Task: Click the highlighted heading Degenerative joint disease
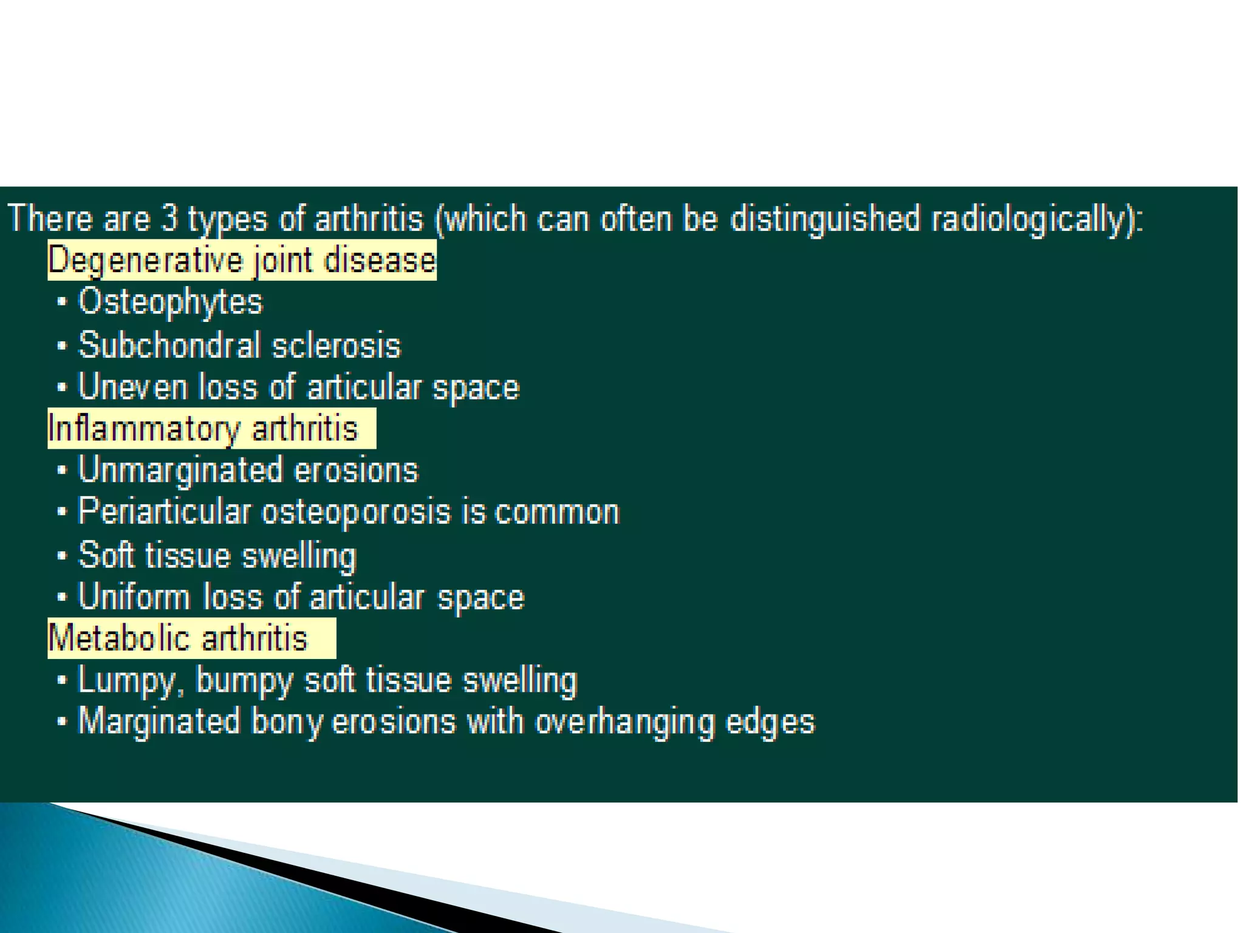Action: click(x=242, y=261)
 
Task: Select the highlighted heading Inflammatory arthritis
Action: click(x=203, y=429)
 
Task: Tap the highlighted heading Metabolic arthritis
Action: click(x=178, y=638)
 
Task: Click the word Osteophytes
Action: click(x=170, y=302)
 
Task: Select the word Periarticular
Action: click(x=164, y=512)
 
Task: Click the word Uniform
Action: click(x=134, y=596)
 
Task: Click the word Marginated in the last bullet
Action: click(x=159, y=722)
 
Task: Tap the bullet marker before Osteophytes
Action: click(x=61, y=302)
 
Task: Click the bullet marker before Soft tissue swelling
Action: click(x=61, y=555)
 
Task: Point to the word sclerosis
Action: click(x=336, y=345)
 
